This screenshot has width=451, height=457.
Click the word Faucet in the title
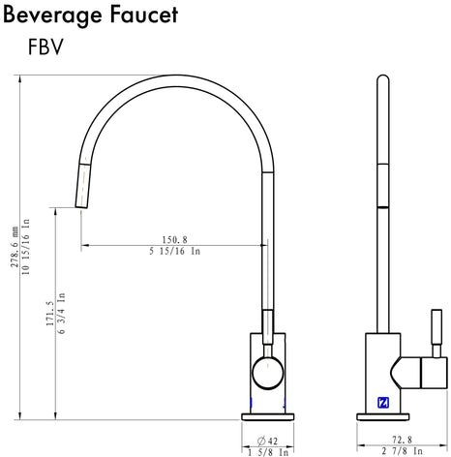(x=144, y=15)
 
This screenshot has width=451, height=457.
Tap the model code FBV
(x=45, y=46)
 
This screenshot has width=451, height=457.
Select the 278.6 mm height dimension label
(x=15, y=247)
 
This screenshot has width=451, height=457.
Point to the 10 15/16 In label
(x=26, y=247)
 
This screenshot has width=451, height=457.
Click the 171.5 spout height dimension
(x=50, y=314)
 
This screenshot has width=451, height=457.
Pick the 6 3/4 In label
(x=61, y=313)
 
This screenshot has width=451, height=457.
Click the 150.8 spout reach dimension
(x=174, y=239)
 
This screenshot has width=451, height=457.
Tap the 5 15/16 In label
(x=174, y=251)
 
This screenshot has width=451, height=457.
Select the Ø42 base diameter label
(x=267, y=441)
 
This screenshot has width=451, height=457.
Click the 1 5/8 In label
(x=268, y=452)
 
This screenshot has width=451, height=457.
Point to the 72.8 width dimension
(x=402, y=440)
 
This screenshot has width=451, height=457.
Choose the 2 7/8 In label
(x=402, y=450)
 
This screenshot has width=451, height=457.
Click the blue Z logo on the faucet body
(x=383, y=403)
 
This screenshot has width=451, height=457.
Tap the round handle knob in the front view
(x=268, y=373)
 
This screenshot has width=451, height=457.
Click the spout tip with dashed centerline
(x=83, y=186)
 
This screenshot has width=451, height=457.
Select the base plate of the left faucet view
(x=268, y=416)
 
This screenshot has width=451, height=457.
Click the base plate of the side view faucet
(x=383, y=416)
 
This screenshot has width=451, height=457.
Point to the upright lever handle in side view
(x=436, y=333)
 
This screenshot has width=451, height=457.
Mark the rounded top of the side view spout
(x=383, y=78)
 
